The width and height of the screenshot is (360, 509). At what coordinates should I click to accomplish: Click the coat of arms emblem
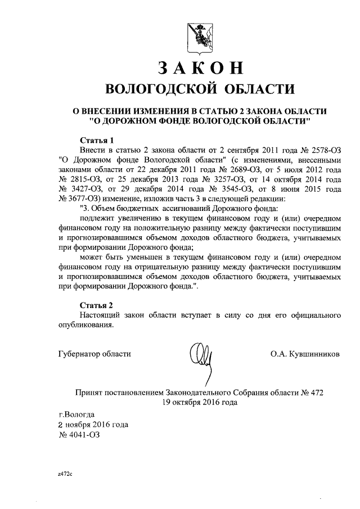(x=200, y=38)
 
